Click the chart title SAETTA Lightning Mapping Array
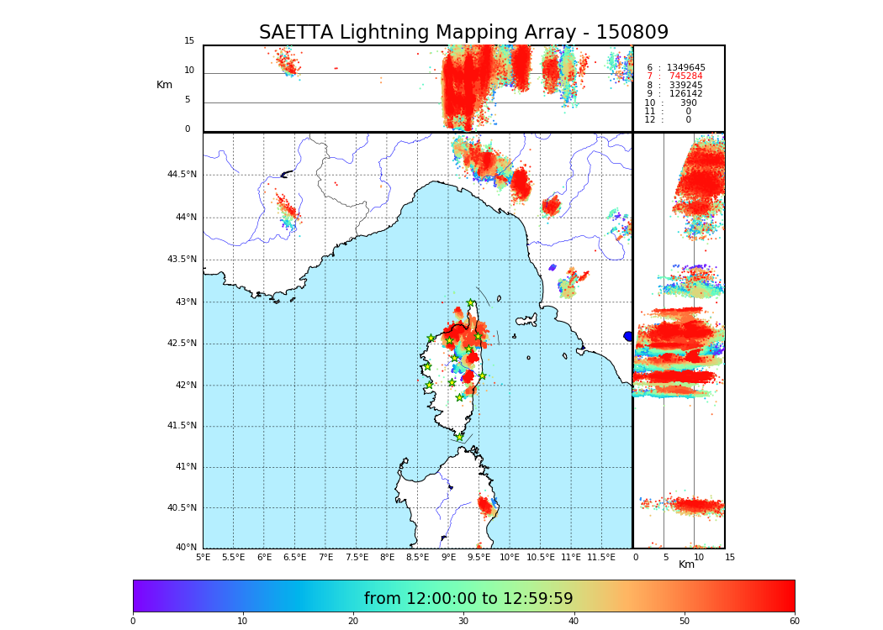click(x=463, y=33)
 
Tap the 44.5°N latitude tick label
click(x=182, y=175)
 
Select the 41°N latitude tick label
click(x=185, y=467)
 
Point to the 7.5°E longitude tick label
click(x=357, y=557)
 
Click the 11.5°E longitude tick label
click(x=601, y=557)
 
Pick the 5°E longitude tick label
click(x=203, y=557)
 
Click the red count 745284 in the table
click(x=685, y=76)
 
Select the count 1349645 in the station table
click(x=685, y=68)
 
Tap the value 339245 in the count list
click(x=685, y=86)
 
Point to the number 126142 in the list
click(x=685, y=94)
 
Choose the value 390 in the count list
click(x=688, y=103)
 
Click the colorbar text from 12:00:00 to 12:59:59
click(x=468, y=599)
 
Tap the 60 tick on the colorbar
click(x=794, y=622)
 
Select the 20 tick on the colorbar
click(x=353, y=622)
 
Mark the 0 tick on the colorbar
click(x=133, y=622)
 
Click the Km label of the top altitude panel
click(x=164, y=85)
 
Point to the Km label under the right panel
click(x=686, y=564)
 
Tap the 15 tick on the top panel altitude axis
click(x=189, y=41)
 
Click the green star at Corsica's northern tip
click(x=470, y=302)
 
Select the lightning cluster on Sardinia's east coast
click(x=486, y=505)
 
